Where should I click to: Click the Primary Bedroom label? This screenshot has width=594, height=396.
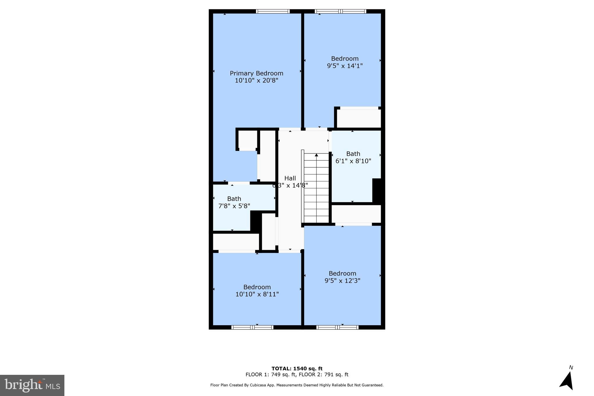(256, 73)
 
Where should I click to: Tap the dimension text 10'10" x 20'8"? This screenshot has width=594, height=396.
(256, 81)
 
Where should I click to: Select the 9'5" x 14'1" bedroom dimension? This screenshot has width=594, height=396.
(345, 66)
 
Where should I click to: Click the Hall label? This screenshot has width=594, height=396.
(290, 178)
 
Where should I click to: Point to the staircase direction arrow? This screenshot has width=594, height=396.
(316, 155)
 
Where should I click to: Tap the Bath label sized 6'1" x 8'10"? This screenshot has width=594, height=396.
(353, 154)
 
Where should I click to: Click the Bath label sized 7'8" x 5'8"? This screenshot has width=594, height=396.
(234, 199)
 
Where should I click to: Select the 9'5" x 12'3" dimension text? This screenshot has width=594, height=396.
(342, 281)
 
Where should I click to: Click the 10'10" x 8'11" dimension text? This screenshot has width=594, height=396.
(257, 294)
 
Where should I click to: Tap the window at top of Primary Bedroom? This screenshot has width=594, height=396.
(273, 11)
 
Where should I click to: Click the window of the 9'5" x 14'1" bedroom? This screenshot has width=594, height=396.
(341, 11)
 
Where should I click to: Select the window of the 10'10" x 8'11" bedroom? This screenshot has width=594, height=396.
(252, 327)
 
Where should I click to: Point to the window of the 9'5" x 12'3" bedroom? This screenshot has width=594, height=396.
(337, 327)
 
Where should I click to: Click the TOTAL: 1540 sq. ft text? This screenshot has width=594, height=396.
(297, 369)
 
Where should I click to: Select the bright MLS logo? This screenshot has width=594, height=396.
(32, 385)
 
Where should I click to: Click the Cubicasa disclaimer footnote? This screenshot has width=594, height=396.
(297, 385)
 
